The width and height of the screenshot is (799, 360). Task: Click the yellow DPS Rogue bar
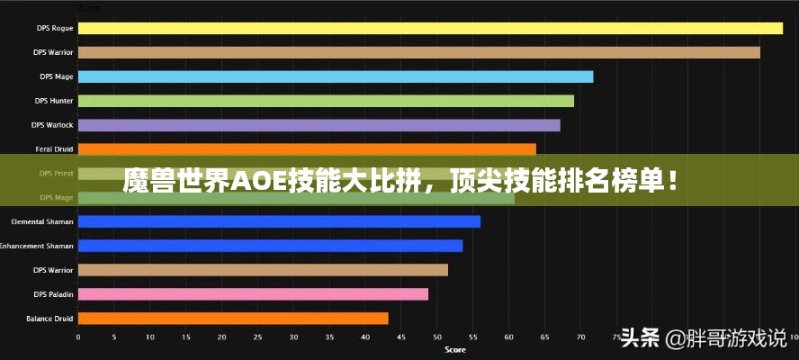point(430,28)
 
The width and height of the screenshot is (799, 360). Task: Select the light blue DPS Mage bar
point(336,76)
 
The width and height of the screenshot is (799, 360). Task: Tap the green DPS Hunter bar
point(326,101)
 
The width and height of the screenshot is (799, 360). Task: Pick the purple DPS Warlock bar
point(319,125)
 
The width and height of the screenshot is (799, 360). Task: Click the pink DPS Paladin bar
point(253,293)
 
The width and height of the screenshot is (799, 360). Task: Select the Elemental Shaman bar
point(279,221)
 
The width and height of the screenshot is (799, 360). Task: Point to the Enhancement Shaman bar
point(270,246)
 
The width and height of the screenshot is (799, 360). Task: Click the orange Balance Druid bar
point(233,318)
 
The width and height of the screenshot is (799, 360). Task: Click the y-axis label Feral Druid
point(54,148)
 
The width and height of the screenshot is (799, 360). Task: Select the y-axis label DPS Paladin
point(53,293)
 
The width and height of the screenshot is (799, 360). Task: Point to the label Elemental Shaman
point(42,221)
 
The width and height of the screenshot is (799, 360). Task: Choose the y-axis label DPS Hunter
point(54,101)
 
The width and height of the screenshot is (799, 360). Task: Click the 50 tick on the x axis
point(436,337)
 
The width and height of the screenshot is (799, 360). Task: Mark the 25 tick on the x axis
point(257,337)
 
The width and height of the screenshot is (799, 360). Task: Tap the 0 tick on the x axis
point(78,337)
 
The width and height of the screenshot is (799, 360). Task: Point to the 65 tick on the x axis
point(543,337)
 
